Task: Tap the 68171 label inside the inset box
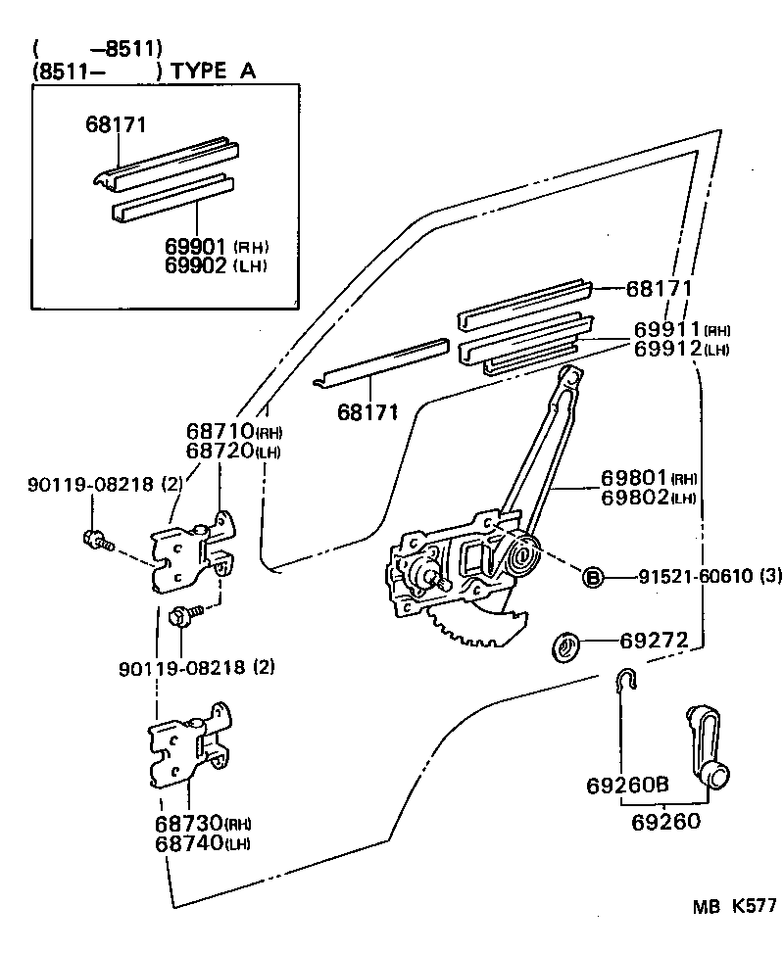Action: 116,125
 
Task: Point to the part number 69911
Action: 667,330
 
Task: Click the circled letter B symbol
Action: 593,577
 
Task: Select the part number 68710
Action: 220,432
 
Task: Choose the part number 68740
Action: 188,843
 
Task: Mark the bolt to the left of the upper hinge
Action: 97,539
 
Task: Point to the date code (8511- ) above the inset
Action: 95,71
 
